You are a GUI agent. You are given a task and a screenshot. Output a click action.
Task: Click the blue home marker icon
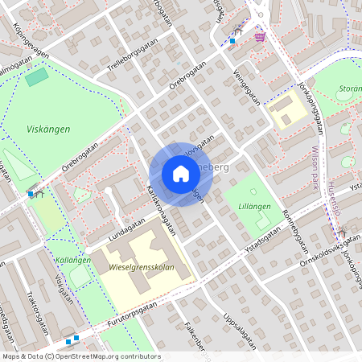(181, 174)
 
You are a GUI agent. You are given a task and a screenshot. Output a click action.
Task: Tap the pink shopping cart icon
(259, 36)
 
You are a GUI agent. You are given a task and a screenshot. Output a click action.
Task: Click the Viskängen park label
(48, 129)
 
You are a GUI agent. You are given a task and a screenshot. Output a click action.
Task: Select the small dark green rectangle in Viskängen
(36, 77)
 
